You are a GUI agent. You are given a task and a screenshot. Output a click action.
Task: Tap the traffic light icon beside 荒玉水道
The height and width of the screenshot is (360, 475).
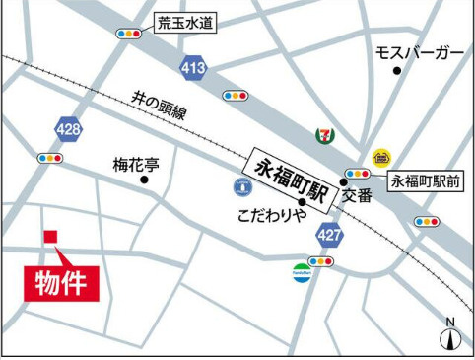point(129,34)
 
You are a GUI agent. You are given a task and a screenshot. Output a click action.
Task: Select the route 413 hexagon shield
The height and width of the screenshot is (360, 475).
point(192,67)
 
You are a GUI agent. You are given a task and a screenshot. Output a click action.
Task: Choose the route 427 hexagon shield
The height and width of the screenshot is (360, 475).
point(329,235)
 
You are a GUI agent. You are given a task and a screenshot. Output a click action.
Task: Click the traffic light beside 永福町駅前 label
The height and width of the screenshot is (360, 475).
point(357,175)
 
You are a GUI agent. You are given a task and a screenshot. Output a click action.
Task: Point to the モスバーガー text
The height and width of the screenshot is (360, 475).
point(419,52)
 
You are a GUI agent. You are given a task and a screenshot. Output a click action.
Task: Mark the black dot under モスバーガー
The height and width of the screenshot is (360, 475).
point(397,71)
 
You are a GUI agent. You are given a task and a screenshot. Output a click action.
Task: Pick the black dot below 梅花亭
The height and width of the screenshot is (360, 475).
point(144,180)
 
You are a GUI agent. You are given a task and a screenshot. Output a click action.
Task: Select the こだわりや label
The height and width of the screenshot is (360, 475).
point(271,216)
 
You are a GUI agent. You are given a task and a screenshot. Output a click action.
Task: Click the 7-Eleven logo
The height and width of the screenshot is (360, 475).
point(322,134)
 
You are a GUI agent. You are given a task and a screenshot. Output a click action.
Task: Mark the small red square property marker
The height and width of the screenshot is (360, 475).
point(51,238)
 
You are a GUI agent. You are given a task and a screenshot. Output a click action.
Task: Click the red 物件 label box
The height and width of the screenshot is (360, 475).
point(61,280)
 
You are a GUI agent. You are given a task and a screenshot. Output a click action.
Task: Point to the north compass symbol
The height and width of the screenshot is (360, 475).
point(450,336)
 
